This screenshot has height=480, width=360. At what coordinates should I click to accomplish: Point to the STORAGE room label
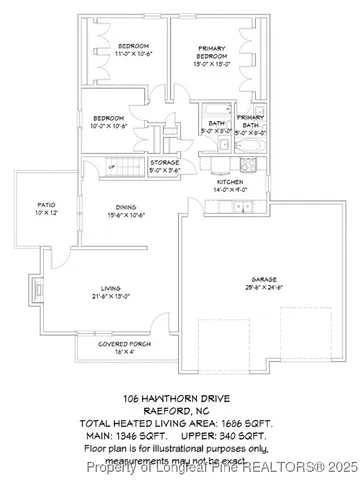165,165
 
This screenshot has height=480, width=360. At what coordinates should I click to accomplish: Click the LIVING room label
108,292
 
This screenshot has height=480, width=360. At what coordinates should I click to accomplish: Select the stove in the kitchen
214,163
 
